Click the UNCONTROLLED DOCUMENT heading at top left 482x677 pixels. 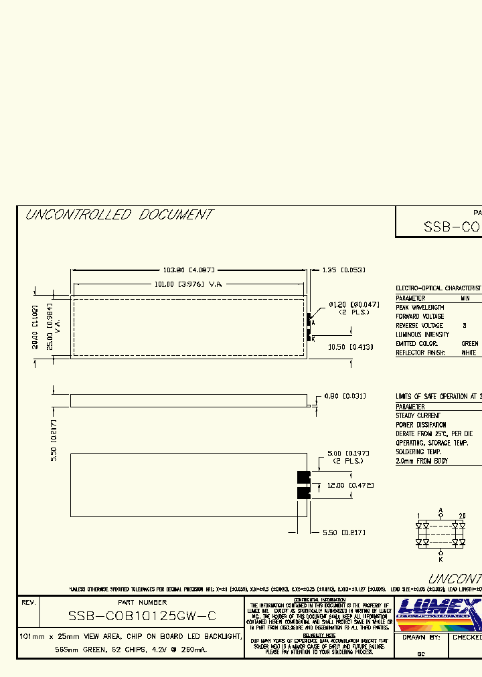118,215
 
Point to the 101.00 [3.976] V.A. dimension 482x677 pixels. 188,284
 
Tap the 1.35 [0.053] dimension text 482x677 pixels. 344,270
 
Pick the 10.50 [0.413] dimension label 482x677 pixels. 350,347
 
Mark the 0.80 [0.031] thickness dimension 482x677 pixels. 345,396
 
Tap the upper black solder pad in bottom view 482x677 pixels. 304,477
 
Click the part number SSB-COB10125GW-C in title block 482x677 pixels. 142,616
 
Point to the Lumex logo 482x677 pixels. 438,614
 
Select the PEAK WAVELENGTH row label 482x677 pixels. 420,307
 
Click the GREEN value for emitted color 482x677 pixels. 470,343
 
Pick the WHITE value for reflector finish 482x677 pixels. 470,353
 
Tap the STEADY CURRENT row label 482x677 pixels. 418,415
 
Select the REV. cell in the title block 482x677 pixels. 28,603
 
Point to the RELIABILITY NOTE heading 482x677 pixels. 319,635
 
